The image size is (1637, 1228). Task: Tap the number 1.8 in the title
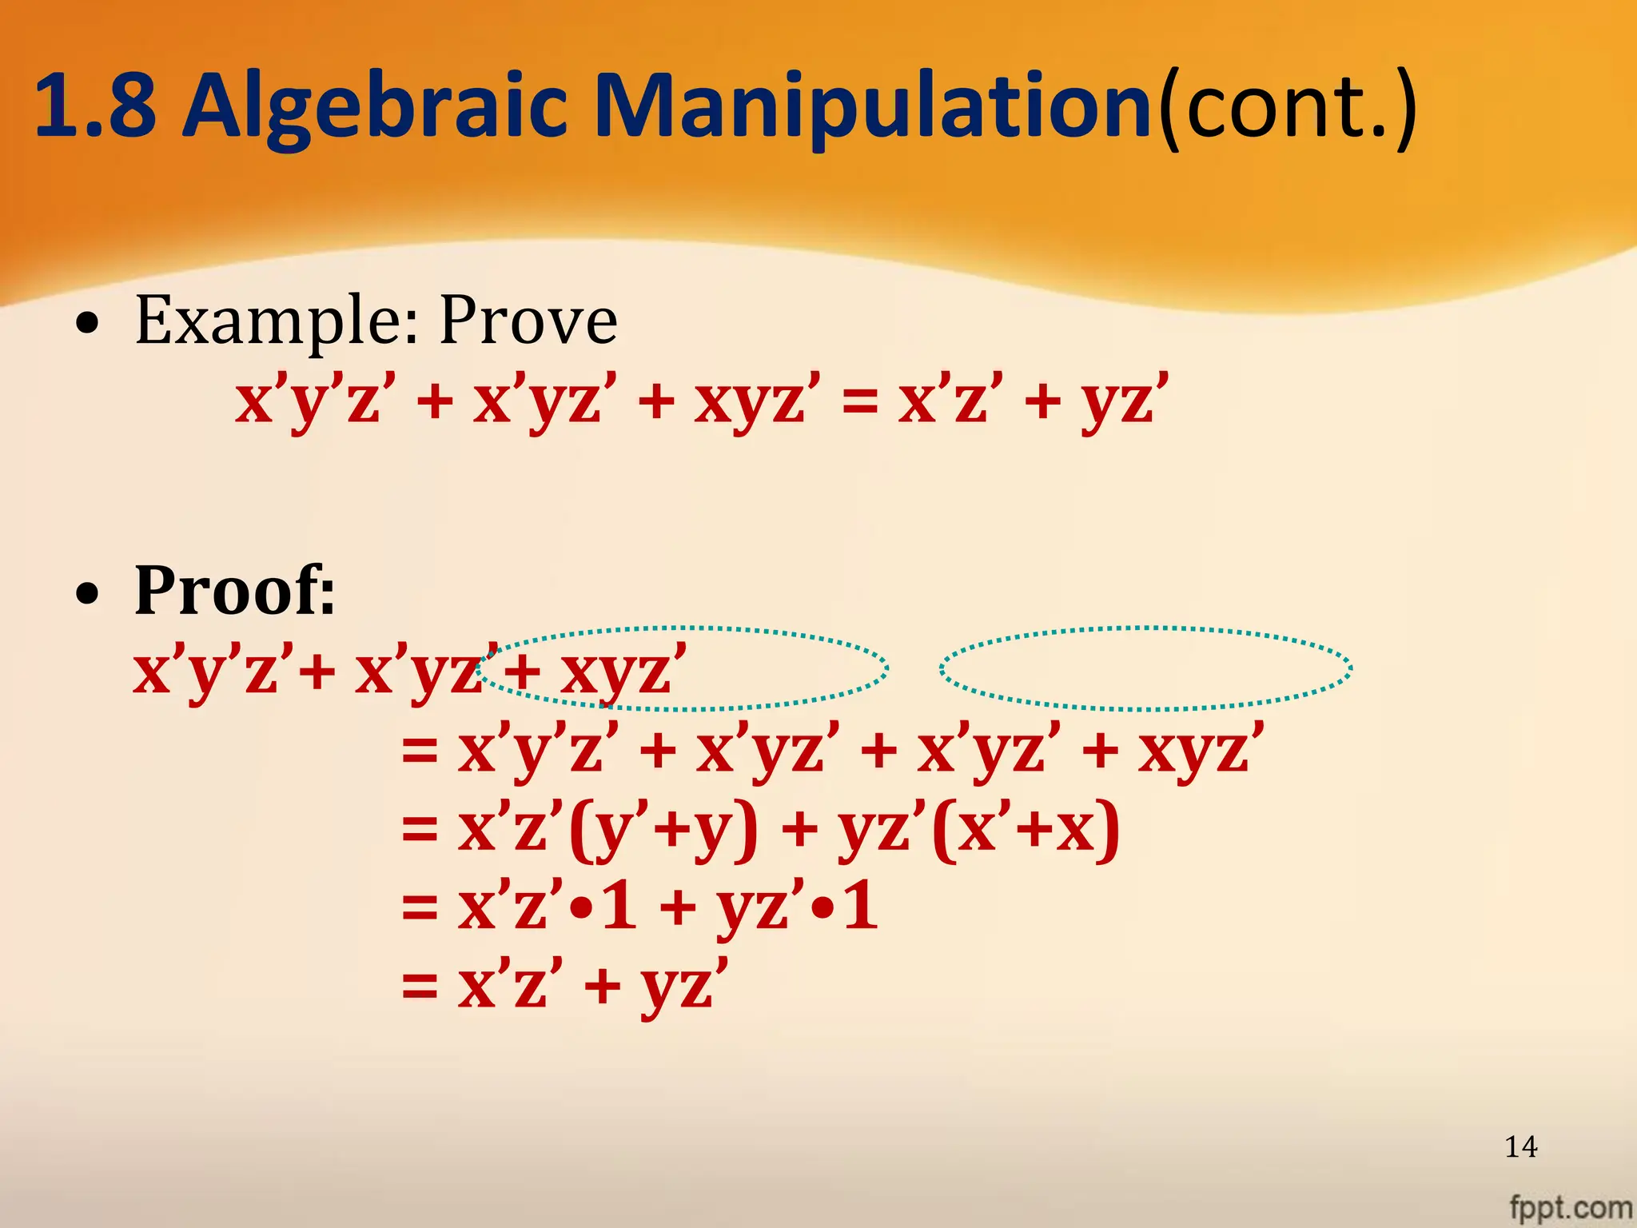pyautogui.click(x=95, y=106)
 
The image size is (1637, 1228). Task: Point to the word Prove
pyautogui.click(x=528, y=321)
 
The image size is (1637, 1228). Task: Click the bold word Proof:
pyautogui.click(x=234, y=592)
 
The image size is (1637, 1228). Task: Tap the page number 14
pyautogui.click(x=1520, y=1146)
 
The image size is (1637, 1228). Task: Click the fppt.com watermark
pyautogui.click(x=1570, y=1206)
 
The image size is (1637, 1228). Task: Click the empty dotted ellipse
pyautogui.click(x=1145, y=668)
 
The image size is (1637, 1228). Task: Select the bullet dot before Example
pyautogui.click(x=88, y=324)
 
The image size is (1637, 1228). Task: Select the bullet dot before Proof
pyautogui.click(x=88, y=594)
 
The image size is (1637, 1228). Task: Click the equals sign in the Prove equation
pyautogui.click(x=859, y=400)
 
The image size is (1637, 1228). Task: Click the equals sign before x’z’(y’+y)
pyautogui.click(x=420, y=829)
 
